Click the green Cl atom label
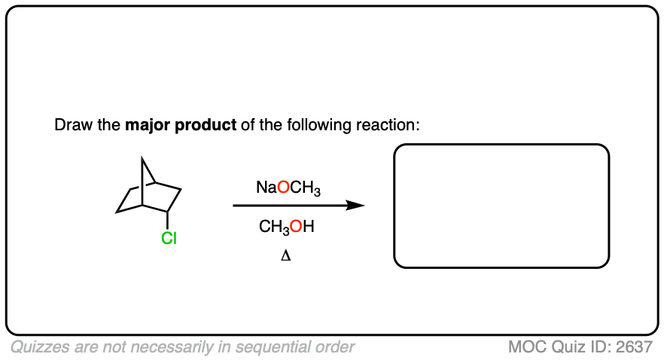tap(169, 239)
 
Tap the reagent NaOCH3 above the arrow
tap(288, 188)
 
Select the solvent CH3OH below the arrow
tap(286, 226)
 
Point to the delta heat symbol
tap(286, 255)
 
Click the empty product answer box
tap(501, 206)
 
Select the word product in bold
tap(206, 124)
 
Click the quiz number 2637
tap(633, 347)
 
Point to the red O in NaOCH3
tap(283, 188)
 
